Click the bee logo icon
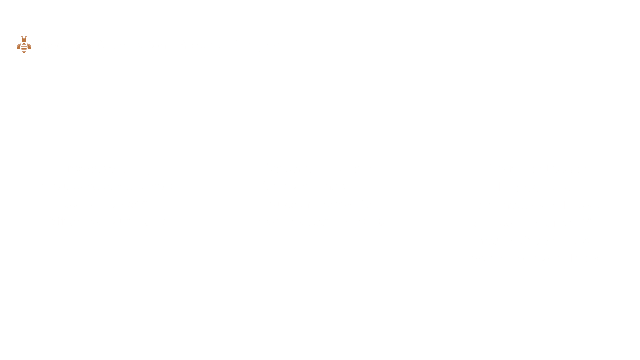[x=24, y=45]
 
